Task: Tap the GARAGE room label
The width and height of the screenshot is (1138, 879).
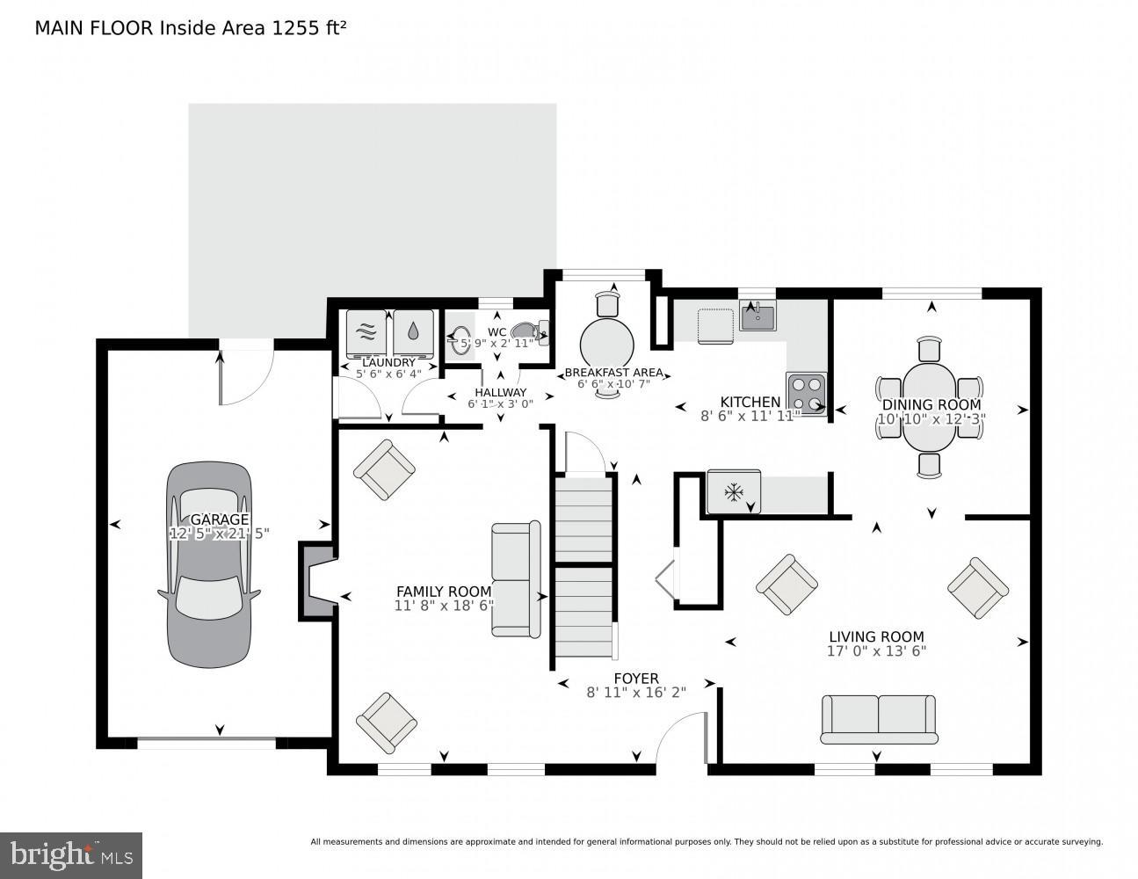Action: coord(219,519)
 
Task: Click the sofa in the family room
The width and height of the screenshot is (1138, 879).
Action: coord(517,579)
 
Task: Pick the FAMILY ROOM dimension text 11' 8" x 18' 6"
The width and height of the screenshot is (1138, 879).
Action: coord(444,606)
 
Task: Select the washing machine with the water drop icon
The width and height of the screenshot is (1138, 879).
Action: coord(413,331)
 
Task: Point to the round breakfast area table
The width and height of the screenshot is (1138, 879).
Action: coord(606,344)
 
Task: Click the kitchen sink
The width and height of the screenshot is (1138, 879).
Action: coord(757,316)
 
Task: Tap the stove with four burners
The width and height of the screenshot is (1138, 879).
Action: coord(807,393)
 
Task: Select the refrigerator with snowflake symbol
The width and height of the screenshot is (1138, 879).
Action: coord(734,492)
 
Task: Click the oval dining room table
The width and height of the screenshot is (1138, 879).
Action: coord(930,402)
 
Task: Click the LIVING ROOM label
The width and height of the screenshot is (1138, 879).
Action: coord(876,637)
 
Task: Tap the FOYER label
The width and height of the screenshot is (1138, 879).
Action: coord(636,679)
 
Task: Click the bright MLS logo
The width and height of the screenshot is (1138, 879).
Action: coord(71,854)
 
